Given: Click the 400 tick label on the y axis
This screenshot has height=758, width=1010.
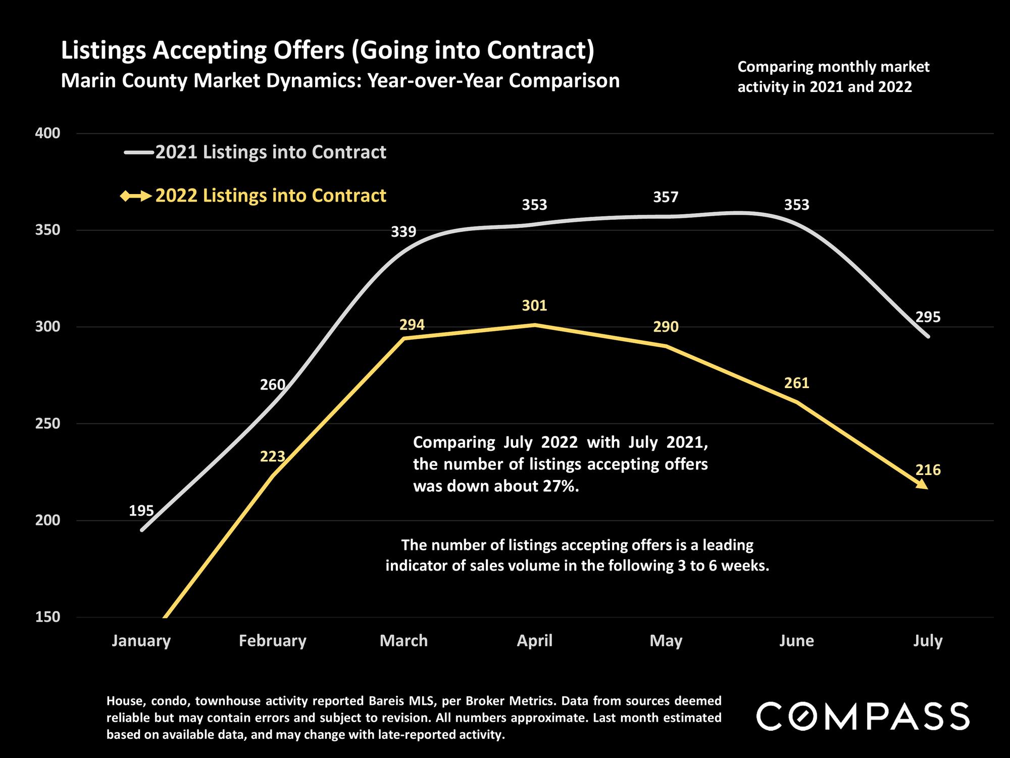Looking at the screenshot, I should (x=47, y=133).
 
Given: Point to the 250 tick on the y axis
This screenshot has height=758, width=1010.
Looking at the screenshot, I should (x=47, y=423).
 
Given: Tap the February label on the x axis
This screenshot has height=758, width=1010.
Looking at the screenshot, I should (x=272, y=641).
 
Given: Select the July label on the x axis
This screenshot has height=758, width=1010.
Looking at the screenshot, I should (x=928, y=641).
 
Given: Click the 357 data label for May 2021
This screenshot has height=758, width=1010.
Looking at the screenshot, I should (x=666, y=197).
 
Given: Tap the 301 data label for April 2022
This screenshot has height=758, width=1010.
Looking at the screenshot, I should (x=534, y=306).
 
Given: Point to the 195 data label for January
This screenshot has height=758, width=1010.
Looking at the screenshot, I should (x=141, y=511).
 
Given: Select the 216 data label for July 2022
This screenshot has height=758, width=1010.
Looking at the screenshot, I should (x=928, y=470).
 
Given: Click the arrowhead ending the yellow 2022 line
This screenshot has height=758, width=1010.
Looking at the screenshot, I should (x=922, y=484).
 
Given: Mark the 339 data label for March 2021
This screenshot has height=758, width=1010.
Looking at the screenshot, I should (x=403, y=232).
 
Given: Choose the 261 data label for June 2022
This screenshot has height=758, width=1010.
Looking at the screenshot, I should (x=796, y=383).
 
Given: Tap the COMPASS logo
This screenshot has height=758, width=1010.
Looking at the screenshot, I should (x=863, y=716).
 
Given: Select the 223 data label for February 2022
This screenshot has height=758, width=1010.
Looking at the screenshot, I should (x=272, y=457).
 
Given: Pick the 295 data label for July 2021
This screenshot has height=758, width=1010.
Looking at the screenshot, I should (x=928, y=317).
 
